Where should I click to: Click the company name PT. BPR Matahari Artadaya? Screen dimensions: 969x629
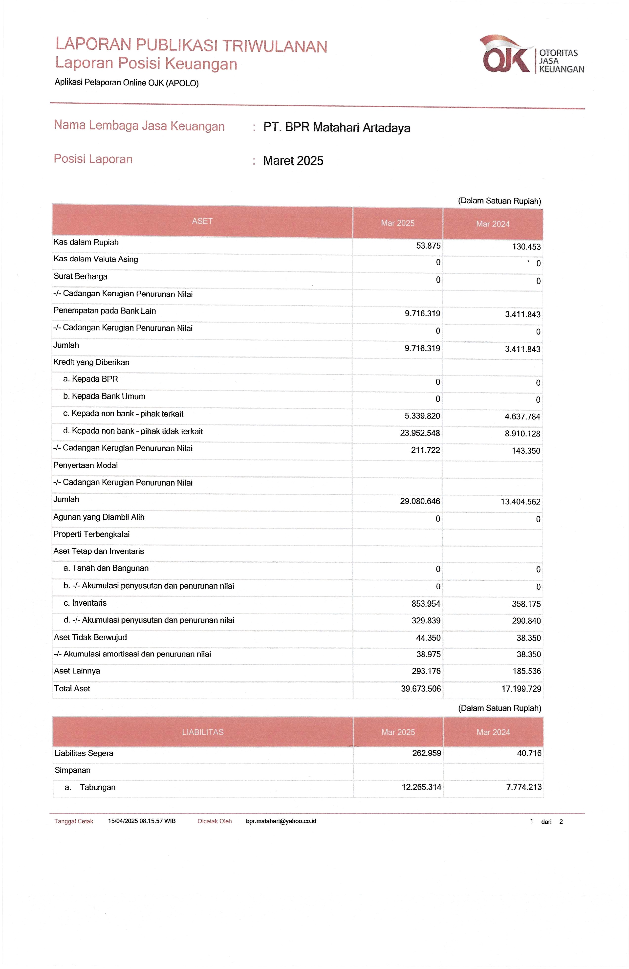[336, 128]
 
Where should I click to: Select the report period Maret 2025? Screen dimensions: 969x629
[293, 161]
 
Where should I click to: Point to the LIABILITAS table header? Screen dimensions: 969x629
[203, 732]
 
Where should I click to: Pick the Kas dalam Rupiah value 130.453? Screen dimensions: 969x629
[526, 247]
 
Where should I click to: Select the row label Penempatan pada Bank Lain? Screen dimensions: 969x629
[105, 311]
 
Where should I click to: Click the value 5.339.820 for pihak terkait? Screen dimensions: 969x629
[422, 416]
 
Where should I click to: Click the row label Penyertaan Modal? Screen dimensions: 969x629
[86, 465]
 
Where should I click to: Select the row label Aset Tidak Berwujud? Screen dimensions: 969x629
[90, 638]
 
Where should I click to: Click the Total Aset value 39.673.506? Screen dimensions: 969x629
[421, 688]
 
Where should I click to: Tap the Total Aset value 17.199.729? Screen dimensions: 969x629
[521, 689]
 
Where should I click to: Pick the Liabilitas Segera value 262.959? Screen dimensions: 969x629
[426, 753]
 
